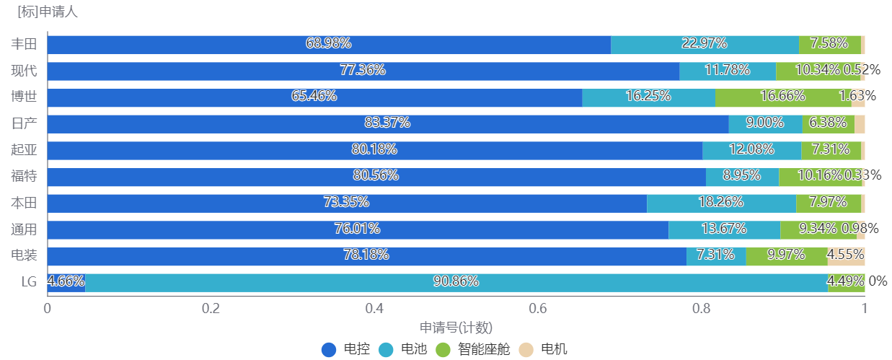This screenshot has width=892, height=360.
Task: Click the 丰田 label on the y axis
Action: [24, 44]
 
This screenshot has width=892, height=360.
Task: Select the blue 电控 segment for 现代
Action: [216, 71]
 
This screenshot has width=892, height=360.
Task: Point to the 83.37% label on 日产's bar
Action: [387, 123]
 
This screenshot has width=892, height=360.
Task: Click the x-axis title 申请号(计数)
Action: [456, 328]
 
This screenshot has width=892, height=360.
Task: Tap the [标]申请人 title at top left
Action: [48, 12]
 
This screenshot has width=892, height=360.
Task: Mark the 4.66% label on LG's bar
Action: [66, 281]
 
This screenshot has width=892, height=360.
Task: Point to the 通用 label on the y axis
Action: [24, 229]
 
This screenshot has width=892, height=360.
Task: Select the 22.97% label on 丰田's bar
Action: [704, 43]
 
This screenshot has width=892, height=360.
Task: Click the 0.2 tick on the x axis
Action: [211, 308]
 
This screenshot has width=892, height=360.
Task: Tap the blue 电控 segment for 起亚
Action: [216, 150]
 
